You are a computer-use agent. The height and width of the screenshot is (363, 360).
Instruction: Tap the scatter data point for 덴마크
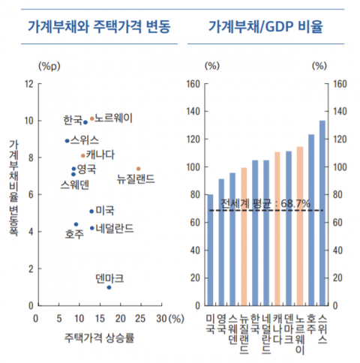pos(109,287)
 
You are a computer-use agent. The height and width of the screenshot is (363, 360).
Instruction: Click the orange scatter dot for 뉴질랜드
pos(138,169)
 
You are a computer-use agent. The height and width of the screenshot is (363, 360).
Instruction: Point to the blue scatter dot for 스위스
pos(67,140)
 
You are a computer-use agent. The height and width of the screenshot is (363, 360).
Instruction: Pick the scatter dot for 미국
pos(91,211)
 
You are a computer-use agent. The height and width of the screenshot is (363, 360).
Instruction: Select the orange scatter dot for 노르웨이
pos(92,118)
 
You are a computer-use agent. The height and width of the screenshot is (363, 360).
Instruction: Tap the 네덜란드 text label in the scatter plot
pos(115,227)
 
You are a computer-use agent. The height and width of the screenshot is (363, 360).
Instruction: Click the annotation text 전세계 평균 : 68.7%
pos(265,203)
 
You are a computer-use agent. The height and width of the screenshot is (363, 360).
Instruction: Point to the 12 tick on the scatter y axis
pos(28,83)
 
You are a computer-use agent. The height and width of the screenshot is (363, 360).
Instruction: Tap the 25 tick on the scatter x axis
pos(140,318)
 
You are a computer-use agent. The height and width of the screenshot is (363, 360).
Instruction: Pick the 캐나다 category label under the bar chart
pos(277,328)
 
